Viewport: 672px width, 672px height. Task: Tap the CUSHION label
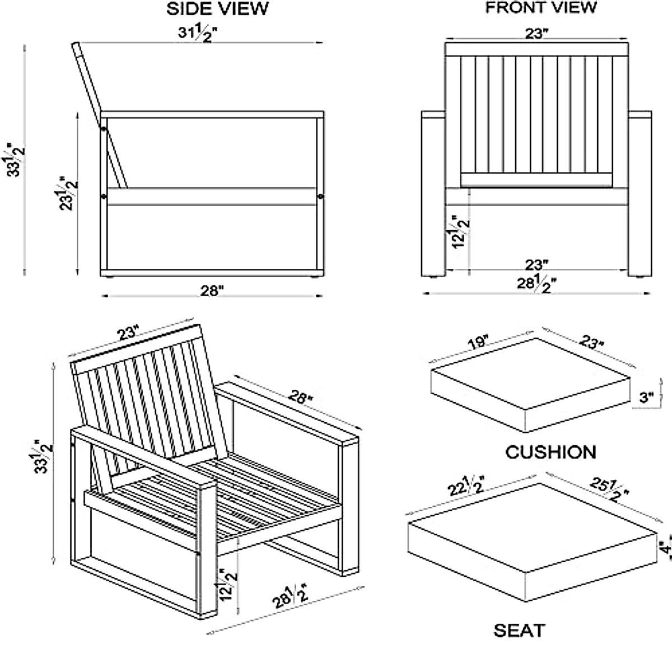point(550,451)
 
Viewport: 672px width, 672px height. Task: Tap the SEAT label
point(519,631)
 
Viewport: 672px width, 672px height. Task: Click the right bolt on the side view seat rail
point(320,197)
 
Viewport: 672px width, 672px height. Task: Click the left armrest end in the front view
point(432,115)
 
